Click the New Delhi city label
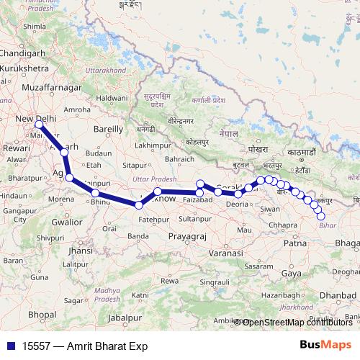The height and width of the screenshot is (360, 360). (x=35, y=119)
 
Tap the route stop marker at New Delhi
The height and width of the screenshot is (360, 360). (x=38, y=125)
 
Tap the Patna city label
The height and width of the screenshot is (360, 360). (x=296, y=243)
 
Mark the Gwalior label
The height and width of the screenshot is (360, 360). (x=67, y=222)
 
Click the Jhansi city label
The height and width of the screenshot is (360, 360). (x=80, y=251)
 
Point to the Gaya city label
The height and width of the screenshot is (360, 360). (x=292, y=274)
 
